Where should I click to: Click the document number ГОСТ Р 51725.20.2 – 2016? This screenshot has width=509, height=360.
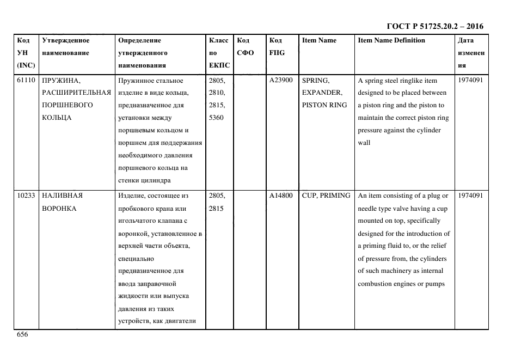[435, 26]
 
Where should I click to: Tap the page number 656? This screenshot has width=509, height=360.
[22, 334]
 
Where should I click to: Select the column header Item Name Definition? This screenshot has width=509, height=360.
[391, 40]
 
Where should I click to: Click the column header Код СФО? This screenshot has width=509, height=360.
[244, 47]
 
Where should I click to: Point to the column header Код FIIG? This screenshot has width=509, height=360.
[277, 47]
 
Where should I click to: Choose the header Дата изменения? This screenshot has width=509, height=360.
[471, 53]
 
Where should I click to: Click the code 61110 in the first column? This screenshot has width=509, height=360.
[26, 81]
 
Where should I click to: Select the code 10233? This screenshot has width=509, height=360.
[26, 196]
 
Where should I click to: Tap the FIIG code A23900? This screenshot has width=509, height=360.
[281, 81]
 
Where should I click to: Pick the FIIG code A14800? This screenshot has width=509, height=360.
[281, 196]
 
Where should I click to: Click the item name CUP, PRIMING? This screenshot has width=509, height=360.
[326, 196]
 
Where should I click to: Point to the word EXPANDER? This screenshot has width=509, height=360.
[322, 93]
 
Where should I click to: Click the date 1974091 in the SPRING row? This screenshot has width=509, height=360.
[470, 81]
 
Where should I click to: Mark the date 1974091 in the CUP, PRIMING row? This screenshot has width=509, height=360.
[470, 196]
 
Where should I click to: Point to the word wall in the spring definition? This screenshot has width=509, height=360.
[364, 143]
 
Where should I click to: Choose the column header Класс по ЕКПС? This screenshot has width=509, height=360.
[219, 53]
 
